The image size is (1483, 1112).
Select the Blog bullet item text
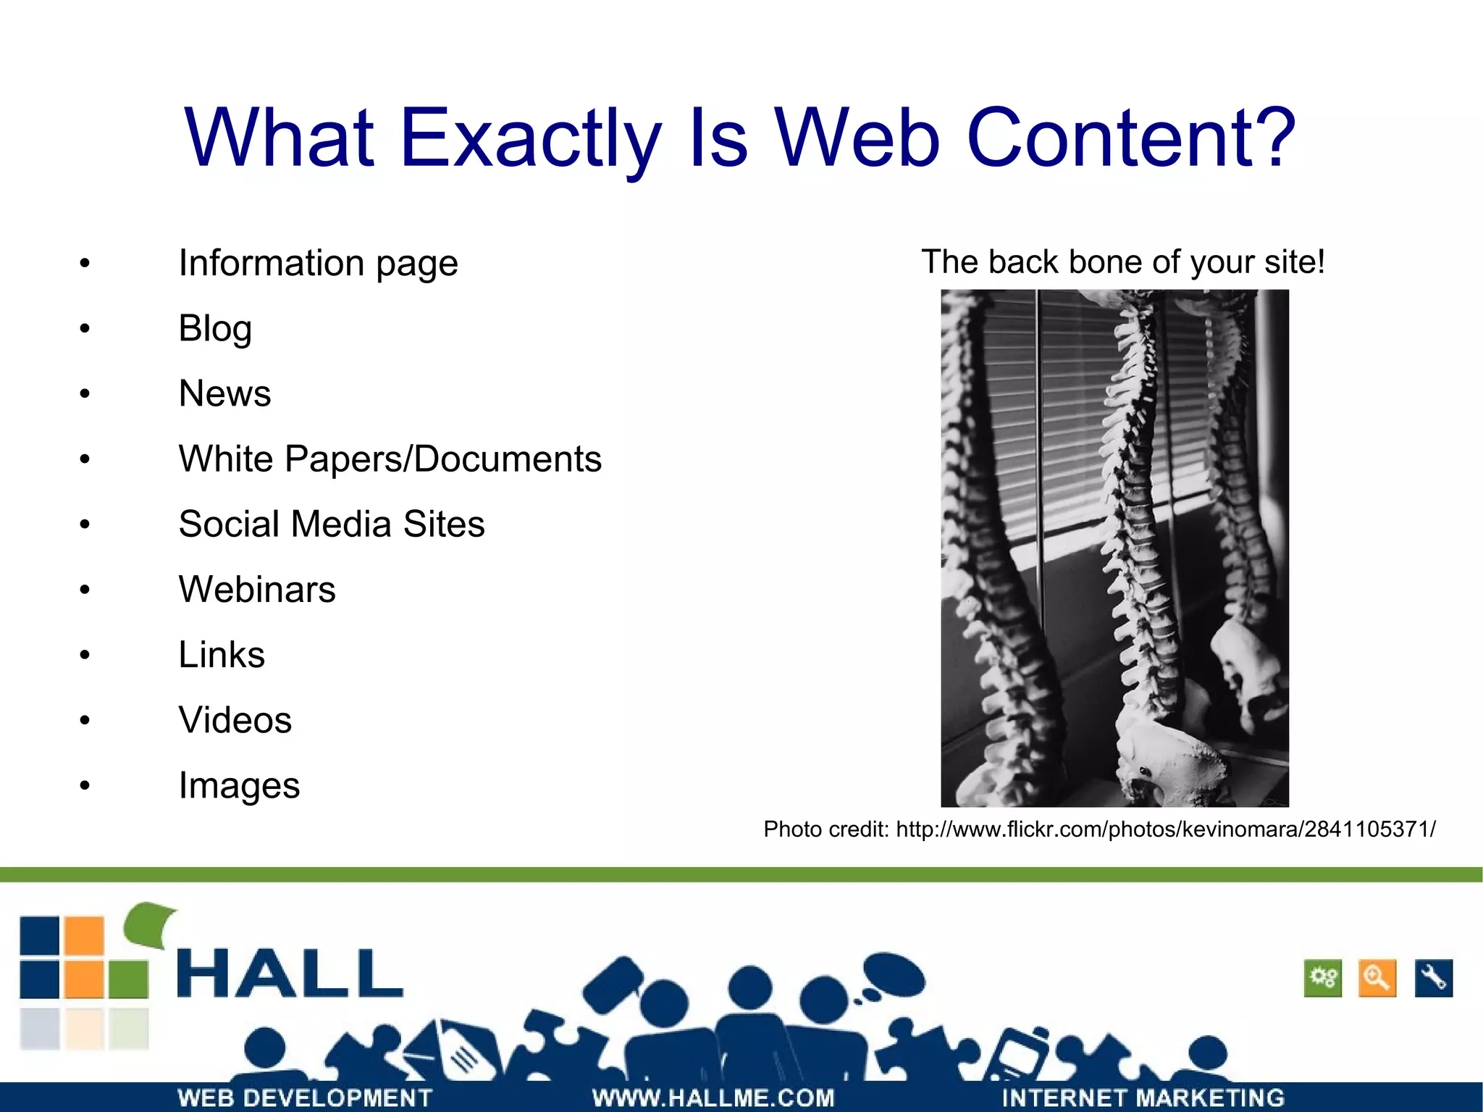215,329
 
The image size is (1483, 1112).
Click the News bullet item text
224,394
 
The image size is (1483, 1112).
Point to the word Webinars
257,590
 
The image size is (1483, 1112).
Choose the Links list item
222,655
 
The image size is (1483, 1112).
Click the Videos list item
235,720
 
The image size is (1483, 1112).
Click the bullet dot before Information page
85,264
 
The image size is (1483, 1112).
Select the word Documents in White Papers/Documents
507,459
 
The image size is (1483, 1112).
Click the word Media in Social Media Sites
340,524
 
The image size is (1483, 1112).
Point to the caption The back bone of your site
1122,262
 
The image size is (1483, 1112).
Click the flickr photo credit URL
1165,829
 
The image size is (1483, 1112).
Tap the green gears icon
1323,979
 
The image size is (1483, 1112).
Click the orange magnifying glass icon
1377,979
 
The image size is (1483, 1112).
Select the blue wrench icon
1433,979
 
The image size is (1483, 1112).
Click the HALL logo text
290,974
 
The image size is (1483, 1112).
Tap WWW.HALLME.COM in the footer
713,1098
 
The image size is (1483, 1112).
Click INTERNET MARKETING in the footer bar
1143,1098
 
